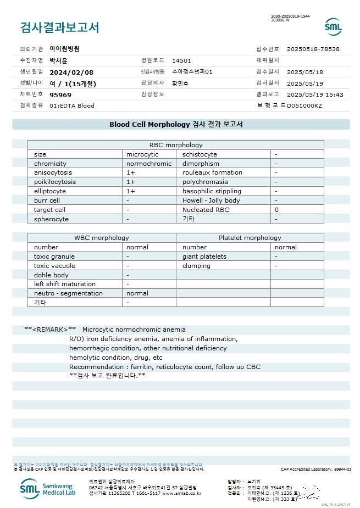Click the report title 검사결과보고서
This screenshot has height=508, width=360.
click(x=59, y=27)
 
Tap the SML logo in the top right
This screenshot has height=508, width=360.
click(x=333, y=26)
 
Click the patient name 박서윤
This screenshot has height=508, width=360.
click(x=59, y=60)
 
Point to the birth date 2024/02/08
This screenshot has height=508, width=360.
click(x=71, y=72)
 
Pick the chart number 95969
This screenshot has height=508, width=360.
click(x=60, y=94)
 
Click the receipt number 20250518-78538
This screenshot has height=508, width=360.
click(x=313, y=49)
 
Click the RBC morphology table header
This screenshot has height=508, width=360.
click(x=176, y=145)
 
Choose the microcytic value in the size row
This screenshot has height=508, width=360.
click(x=142, y=154)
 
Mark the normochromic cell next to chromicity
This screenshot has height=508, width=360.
click(x=149, y=164)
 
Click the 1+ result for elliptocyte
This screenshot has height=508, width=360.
click(x=131, y=191)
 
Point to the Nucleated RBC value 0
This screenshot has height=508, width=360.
click(x=276, y=210)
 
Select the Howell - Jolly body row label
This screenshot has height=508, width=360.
click(x=211, y=200)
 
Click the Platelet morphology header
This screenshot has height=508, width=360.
click(x=250, y=238)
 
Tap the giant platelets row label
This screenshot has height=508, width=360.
click(x=204, y=256)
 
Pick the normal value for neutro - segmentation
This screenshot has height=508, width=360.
click(x=137, y=293)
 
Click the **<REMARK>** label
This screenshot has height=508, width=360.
click(x=50, y=330)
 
